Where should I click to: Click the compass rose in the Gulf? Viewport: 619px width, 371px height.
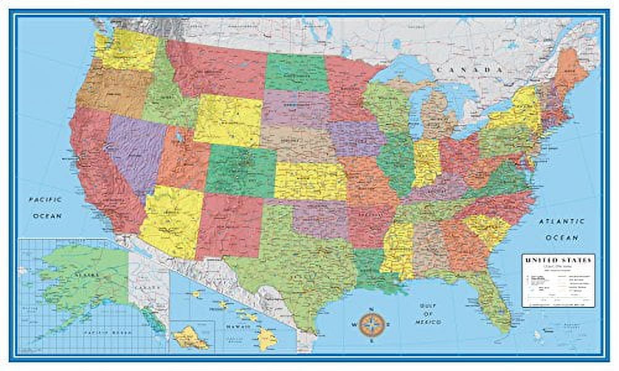tap(371, 322)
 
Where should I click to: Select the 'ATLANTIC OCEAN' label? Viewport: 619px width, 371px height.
tap(561, 229)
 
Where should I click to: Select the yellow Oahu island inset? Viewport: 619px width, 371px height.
tap(191, 337)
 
